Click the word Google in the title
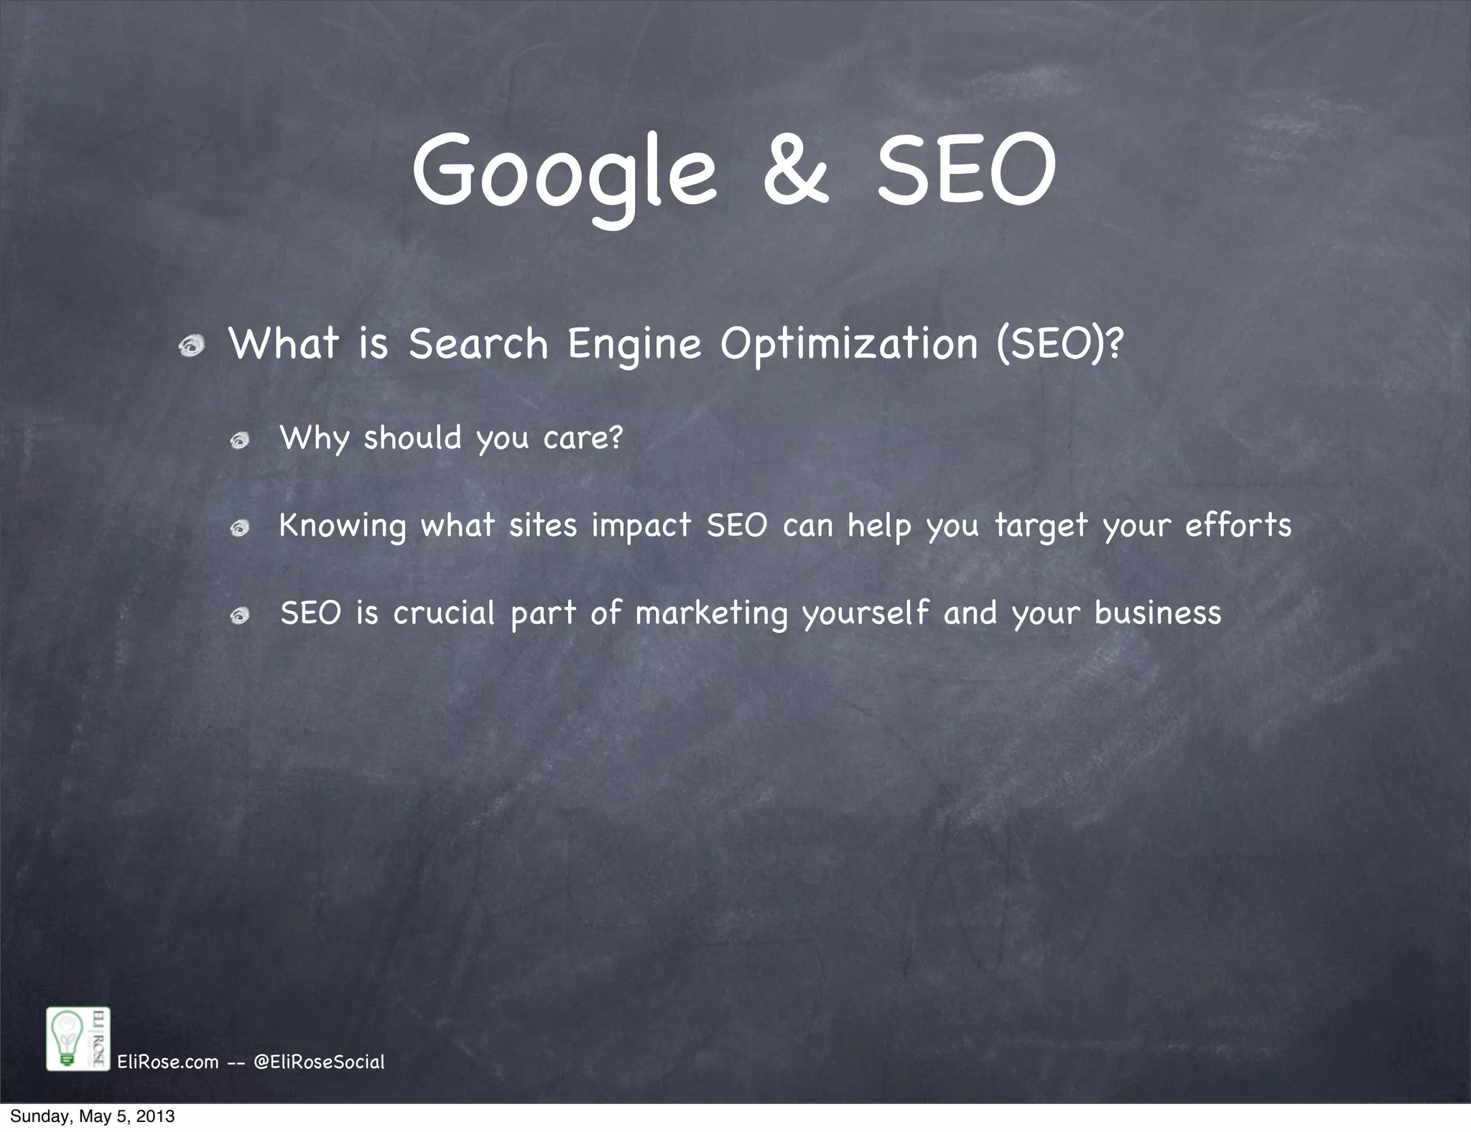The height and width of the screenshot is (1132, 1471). click(x=564, y=172)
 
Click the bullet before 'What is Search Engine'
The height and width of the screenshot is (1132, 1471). click(x=192, y=347)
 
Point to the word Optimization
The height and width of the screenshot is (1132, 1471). click(x=850, y=345)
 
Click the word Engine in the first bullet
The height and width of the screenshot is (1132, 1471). click(x=634, y=345)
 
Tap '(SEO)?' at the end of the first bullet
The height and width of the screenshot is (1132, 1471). click(x=1059, y=345)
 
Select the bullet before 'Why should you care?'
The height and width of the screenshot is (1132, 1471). click(x=240, y=440)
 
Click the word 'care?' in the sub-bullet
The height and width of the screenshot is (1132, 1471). click(x=583, y=437)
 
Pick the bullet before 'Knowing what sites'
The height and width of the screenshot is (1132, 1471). click(x=240, y=528)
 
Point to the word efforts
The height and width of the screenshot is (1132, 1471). click(x=1238, y=525)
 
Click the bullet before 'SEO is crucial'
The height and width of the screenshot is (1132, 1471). click(x=240, y=616)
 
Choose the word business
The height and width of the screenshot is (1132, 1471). click(x=1158, y=613)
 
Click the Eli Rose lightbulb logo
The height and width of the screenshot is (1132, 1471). click(x=78, y=1039)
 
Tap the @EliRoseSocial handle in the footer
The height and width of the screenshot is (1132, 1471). click(x=320, y=1062)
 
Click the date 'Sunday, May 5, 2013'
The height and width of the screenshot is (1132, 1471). click(x=92, y=1117)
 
